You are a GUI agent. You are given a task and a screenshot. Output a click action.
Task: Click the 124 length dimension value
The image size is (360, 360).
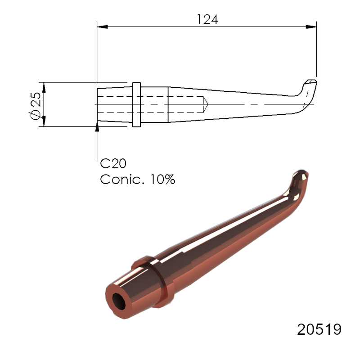coord(207,20)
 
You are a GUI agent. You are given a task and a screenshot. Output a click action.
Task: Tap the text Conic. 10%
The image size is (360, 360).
coord(137,179)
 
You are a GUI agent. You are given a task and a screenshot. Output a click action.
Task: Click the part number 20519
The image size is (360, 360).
coord(319,329)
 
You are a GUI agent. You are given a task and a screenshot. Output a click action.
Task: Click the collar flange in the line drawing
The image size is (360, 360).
coord(137,104)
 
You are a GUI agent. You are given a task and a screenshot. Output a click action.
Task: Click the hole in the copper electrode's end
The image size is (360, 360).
coord(119,301)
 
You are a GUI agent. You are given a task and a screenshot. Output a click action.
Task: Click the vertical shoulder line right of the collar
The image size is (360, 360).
coord(168,104)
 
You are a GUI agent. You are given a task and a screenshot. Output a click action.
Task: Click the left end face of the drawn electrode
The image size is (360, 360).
coord(98,104)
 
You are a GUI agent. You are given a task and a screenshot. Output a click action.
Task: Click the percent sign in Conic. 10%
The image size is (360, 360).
coord(168,179)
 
